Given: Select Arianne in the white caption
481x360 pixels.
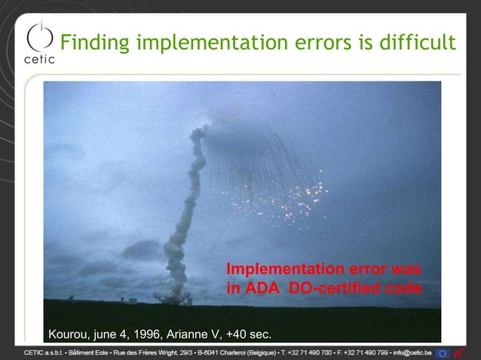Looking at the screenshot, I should (x=189, y=334).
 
